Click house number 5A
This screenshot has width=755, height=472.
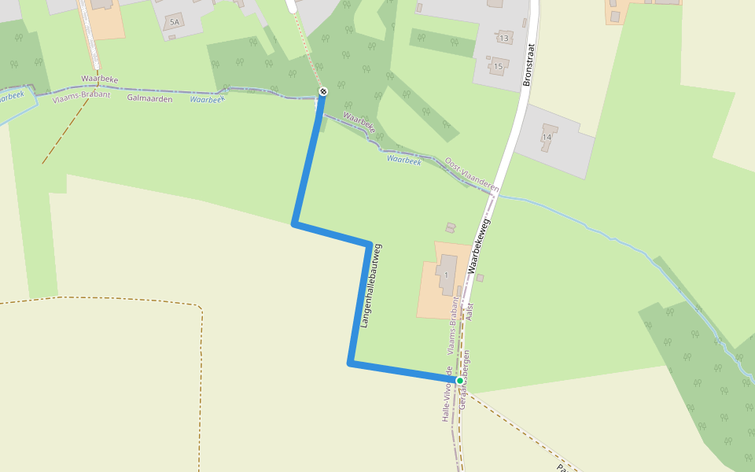click(x=174, y=22)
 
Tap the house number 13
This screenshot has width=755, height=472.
click(x=504, y=39)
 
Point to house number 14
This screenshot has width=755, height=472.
click(x=547, y=138)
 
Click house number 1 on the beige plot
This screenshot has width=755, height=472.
click(x=446, y=275)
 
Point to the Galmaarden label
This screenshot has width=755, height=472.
click(x=149, y=98)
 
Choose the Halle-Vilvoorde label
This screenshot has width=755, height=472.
click(x=447, y=394)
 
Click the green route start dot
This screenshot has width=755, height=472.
click(x=460, y=381)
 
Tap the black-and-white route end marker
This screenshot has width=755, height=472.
click(x=323, y=92)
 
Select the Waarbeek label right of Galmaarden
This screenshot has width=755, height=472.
click(x=208, y=99)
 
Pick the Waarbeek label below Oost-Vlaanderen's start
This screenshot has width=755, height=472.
click(x=404, y=159)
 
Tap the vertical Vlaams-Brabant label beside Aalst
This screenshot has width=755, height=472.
click(x=453, y=328)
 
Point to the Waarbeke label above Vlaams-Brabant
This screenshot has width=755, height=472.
click(x=99, y=79)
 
